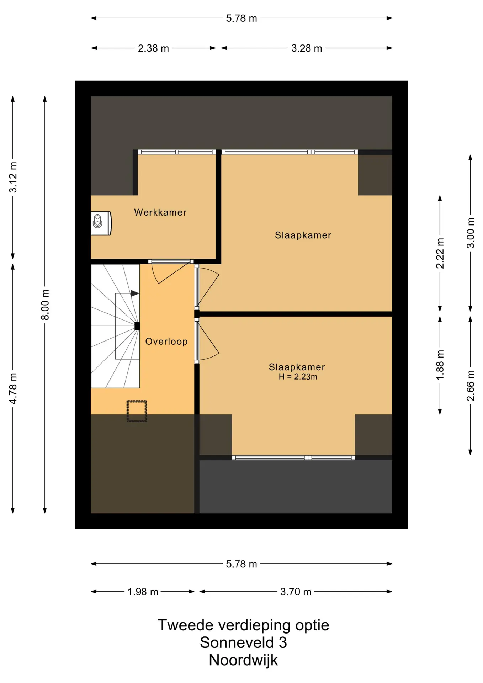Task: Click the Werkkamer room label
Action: click(x=160, y=212)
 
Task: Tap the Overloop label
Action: click(x=166, y=341)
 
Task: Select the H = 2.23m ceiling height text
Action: click(x=298, y=377)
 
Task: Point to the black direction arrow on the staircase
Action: click(x=135, y=293)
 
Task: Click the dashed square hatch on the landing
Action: click(x=137, y=411)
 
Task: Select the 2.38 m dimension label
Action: click(x=153, y=48)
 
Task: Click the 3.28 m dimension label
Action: click(x=307, y=48)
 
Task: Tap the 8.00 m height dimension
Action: click(x=45, y=305)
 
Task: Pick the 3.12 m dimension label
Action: click(x=13, y=177)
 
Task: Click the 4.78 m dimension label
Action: click(x=13, y=388)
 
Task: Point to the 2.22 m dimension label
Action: click(x=440, y=253)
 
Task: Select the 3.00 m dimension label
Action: click(x=470, y=233)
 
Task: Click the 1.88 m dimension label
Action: click(x=440, y=365)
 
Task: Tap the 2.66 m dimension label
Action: click(x=470, y=386)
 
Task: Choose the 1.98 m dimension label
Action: click(x=143, y=592)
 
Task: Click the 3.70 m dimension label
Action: click(x=296, y=592)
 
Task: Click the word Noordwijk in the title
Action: click(x=243, y=660)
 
